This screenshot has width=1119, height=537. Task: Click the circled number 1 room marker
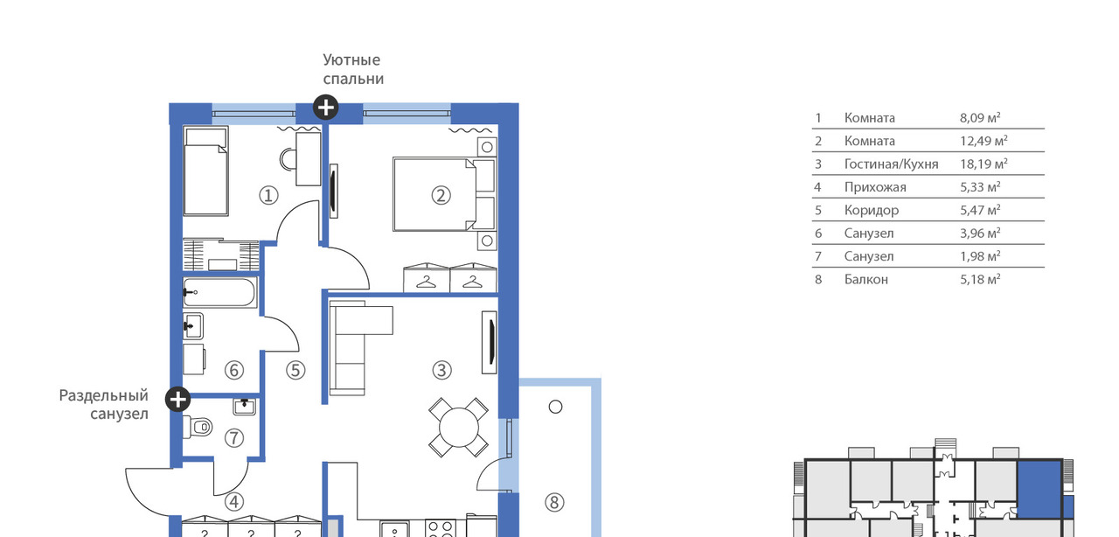[268, 196]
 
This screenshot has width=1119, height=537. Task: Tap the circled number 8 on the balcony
[554, 503]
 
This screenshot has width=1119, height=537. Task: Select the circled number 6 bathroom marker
[233, 371]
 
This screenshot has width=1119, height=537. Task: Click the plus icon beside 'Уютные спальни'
[326, 108]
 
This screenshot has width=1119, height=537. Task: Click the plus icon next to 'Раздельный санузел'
[177, 399]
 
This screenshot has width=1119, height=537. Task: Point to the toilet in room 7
[198, 428]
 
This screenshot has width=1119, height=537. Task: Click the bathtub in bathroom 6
[220, 292]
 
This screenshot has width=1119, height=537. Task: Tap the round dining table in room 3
[459, 428]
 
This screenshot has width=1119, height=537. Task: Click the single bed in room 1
[205, 171]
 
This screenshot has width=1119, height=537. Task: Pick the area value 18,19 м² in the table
[983, 164]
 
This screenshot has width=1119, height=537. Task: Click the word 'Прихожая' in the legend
[875, 187]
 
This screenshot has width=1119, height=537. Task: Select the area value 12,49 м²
[983, 141]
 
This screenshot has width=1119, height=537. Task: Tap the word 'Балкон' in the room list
[866, 279]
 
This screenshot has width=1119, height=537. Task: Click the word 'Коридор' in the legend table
[872, 210]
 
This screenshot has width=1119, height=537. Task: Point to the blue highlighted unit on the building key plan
[1040, 490]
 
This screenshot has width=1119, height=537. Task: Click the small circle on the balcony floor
[555, 407]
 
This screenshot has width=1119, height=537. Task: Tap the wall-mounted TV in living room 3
[490, 343]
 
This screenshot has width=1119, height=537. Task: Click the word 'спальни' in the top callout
[353, 79]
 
